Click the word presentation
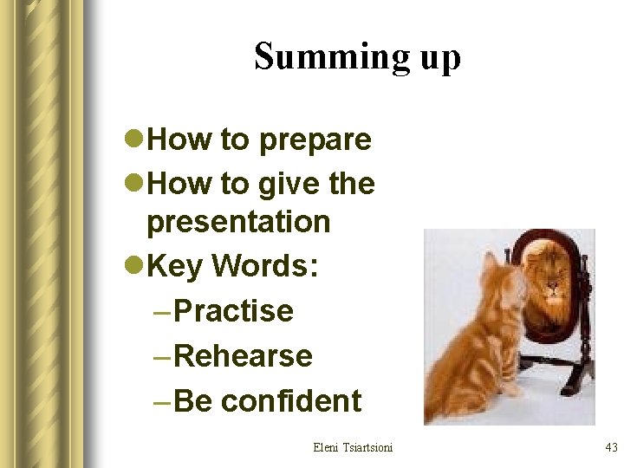[x=238, y=222]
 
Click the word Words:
[x=265, y=267]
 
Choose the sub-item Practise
[x=234, y=311]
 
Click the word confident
[x=291, y=401]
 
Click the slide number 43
[x=610, y=447]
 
